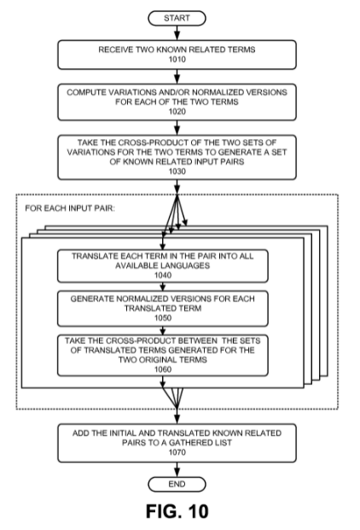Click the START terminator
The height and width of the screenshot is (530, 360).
(177, 18)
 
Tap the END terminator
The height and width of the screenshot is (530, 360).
(177, 484)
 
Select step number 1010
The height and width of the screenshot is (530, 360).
(177, 60)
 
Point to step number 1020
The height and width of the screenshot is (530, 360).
(177, 112)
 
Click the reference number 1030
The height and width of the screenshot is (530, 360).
(177, 172)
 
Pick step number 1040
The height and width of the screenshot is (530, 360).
(163, 275)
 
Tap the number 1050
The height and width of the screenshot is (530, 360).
(163, 317)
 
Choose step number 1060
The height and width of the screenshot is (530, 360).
(163, 370)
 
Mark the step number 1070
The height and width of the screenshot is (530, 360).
(177, 452)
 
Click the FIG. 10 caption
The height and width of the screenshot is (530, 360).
(177, 511)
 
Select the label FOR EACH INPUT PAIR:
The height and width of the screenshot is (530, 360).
(70, 208)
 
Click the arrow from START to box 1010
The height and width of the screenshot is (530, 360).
(177, 32)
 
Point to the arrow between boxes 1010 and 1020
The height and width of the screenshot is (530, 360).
(177, 77)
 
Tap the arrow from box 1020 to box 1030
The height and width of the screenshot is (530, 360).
(177, 128)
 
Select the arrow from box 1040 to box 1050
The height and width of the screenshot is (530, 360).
(163, 287)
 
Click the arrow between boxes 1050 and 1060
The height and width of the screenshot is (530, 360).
(163, 330)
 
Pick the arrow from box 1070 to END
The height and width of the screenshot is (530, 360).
(177, 469)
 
